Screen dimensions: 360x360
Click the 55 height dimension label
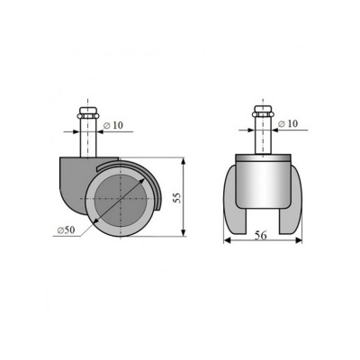(x=178, y=198)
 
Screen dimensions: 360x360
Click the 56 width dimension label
(x=260, y=236)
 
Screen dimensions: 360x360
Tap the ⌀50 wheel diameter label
(x=66, y=230)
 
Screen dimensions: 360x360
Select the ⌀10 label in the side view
(x=113, y=125)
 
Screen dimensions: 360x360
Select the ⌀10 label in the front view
(x=288, y=123)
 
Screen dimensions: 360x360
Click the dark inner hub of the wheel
(x=121, y=199)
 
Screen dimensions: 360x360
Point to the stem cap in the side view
(x=87, y=113)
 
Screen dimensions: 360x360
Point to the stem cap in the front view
(x=263, y=112)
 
